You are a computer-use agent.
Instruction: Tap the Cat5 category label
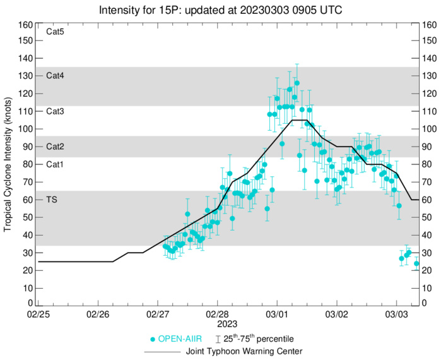point(56,32)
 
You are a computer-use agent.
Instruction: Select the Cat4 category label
point(56,75)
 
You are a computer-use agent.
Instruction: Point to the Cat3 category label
point(56,111)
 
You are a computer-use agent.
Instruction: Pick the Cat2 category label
point(56,147)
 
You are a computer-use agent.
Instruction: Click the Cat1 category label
point(56,164)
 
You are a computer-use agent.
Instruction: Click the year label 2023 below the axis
point(218,323)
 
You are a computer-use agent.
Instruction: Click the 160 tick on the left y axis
point(25,25)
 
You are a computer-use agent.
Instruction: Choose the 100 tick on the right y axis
point(428,129)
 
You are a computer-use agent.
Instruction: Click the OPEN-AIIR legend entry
point(178,339)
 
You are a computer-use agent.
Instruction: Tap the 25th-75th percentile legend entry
point(257,339)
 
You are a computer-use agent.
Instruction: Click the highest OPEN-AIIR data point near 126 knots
point(297,83)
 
